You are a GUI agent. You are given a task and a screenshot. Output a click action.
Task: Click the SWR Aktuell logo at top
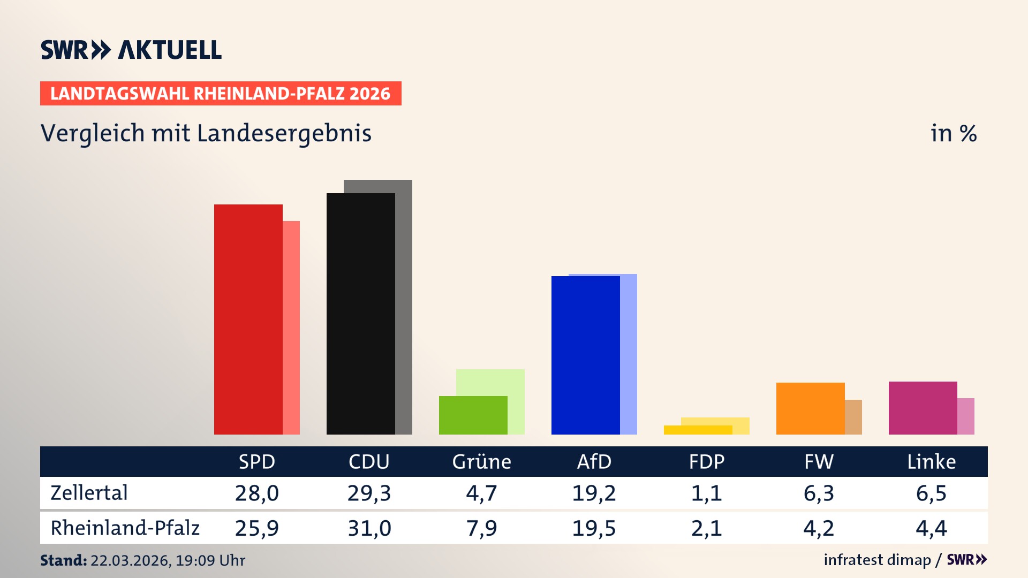[x=131, y=50]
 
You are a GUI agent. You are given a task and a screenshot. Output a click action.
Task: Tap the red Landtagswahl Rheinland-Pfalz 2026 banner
[x=221, y=94]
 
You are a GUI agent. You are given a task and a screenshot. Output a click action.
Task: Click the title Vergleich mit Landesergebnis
[x=206, y=133]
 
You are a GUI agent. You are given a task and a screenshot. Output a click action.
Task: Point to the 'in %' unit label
[x=953, y=133]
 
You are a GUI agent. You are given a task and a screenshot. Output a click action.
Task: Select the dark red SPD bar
[x=248, y=320]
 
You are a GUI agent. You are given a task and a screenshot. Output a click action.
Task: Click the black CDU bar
[x=360, y=314]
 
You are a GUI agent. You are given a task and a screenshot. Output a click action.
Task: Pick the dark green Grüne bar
[x=473, y=415]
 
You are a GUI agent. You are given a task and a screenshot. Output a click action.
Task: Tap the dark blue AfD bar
[x=585, y=355]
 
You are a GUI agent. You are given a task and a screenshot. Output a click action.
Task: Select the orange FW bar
[x=810, y=408]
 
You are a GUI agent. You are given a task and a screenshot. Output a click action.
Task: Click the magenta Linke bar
[x=923, y=408]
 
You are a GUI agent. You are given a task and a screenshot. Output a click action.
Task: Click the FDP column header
[x=706, y=462]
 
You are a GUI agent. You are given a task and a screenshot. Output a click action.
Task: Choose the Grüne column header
[x=481, y=462]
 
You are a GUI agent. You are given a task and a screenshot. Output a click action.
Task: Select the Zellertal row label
[x=89, y=493]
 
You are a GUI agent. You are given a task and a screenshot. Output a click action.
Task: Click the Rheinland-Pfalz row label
[x=125, y=528]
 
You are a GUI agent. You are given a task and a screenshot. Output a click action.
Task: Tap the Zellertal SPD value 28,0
[x=256, y=493]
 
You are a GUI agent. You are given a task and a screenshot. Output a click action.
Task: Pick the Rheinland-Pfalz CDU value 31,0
[x=369, y=528]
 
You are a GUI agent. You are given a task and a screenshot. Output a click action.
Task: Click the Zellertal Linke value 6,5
[x=931, y=493]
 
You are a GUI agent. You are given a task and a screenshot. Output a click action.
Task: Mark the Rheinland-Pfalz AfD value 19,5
[x=594, y=528]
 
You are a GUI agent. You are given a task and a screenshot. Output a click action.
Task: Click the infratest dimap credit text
[x=877, y=560]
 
